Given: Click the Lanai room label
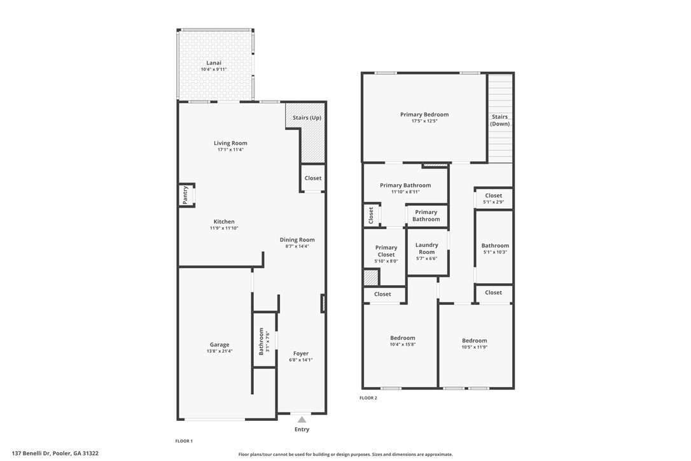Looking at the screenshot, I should click(214, 62).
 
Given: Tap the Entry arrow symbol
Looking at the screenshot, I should click(302, 419).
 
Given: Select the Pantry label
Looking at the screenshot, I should click(185, 195).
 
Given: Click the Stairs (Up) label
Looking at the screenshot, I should click(307, 118).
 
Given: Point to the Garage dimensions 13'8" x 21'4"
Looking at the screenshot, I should click(220, 351).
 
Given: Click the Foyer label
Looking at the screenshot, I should click(301, 353).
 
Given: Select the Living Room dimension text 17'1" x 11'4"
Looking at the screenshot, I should click(230, 150).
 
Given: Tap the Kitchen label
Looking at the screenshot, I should click(224, 222).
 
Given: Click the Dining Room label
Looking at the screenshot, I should click(297, 239).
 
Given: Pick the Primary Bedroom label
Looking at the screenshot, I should click(424, 115).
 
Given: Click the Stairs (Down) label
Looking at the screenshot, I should click(500, 120).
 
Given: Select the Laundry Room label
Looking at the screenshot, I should click(427, 248).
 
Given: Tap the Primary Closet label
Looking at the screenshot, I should click(386, 251).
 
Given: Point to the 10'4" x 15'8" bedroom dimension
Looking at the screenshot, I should click(403, 344).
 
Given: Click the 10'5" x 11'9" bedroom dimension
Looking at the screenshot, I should click(475, 347).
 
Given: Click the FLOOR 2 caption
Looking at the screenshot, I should click(368, 398).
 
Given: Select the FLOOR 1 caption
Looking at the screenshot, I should click(184, 441).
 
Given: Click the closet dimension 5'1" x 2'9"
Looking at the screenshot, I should click(493, 202).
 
